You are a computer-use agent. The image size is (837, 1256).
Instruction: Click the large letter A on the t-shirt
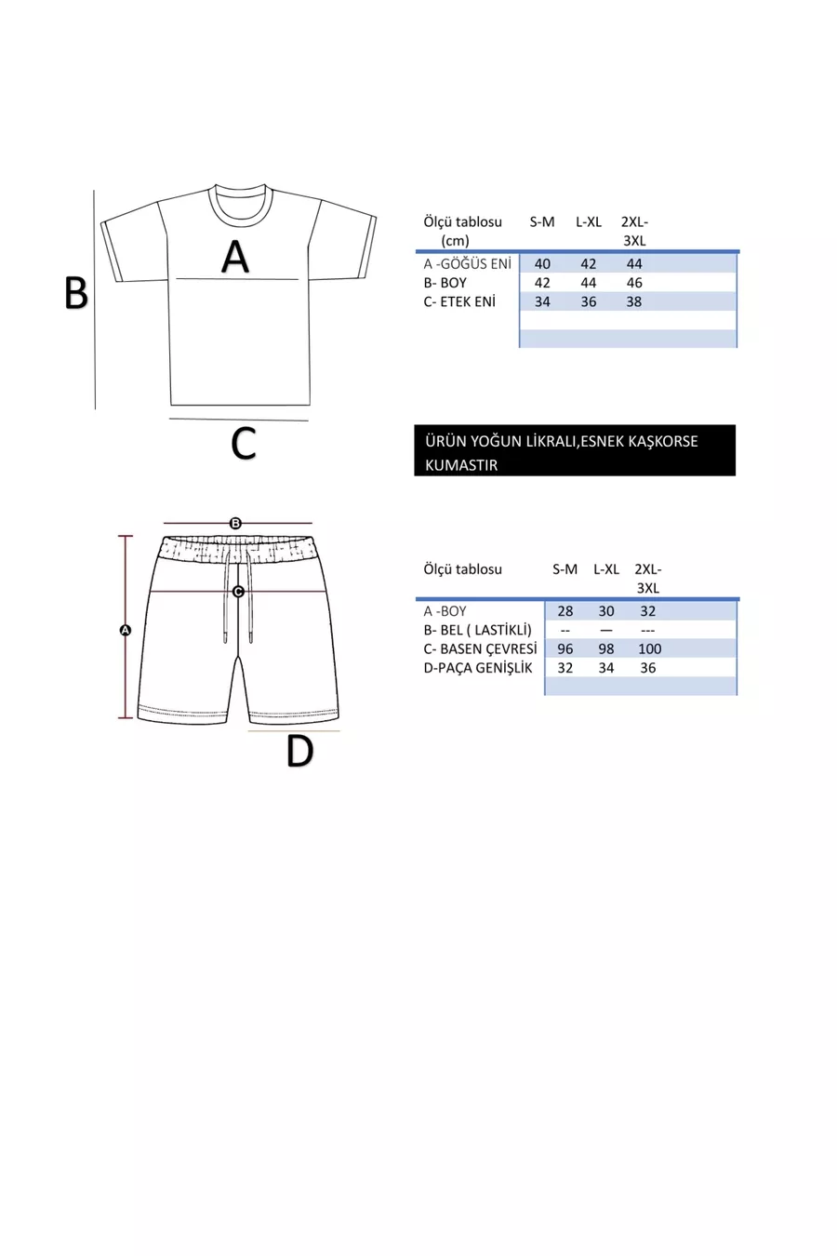(235, 257)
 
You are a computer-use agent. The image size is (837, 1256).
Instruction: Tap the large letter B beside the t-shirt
(75, 293)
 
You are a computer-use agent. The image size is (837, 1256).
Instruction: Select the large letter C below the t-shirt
(243, 444)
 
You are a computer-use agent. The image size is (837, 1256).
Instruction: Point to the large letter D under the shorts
(299, 752)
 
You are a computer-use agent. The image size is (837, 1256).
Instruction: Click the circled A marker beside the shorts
(126, 630)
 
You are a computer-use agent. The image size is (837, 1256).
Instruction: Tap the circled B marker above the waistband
(235, 523)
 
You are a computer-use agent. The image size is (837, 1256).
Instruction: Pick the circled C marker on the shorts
(238, 591)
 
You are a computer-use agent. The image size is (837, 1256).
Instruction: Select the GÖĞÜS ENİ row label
(468, 264)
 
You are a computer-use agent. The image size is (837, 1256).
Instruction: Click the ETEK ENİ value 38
(633, 301)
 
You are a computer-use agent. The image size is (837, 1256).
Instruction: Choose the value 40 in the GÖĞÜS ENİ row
(542, 264)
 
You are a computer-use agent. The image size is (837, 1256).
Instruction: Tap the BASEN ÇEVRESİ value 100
(649, 648)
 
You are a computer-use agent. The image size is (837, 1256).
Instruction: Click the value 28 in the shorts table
(565, 611)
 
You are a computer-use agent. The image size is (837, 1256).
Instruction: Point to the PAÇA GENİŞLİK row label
(478, 668)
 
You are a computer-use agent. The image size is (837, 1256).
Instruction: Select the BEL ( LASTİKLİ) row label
(477, 630)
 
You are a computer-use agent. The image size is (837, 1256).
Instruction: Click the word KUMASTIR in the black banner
(461, 465)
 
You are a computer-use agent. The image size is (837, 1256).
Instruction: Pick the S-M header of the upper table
(542, 221)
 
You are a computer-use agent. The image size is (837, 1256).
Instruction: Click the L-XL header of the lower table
(606, 569)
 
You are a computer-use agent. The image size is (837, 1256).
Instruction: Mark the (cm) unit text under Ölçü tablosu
(456, 240)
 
